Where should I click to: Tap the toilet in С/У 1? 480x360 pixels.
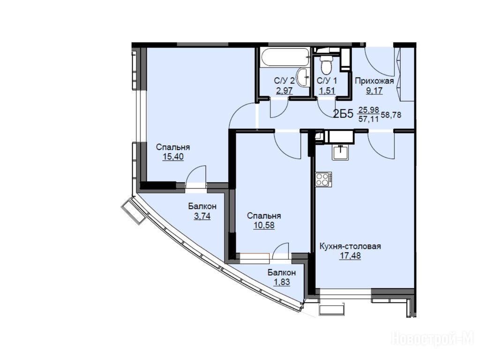pyautogui.click(x=325, y=65)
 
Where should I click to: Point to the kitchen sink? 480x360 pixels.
pyautogui.click(x=340, y=151)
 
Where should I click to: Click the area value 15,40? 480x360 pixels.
pyautogui.click(x=173, y=157)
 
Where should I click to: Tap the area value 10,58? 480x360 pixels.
pyautogui.click(x=264, y=225)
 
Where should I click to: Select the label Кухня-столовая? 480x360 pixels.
pyautogui.click(x=350, y=246)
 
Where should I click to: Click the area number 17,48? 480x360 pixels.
pyautogui.click(x=350, y=255)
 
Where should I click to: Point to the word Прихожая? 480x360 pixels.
pyautogui.click(x=374, y=81)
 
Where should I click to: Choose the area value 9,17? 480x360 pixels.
pyautogui.click(x=374, y=90)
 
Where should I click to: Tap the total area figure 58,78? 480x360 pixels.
pyautogui.click(x=391, y=115)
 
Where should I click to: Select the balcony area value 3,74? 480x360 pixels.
pyautogui.click(x=202, y=216)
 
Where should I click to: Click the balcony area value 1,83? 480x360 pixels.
pyautogui.click(x=282, y=282)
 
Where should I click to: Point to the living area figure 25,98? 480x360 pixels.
pyautogui.click(x=369, y=110)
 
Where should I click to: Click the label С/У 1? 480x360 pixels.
pyautogui.click(x=327, y=81)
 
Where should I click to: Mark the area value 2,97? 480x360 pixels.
pyautogui.click(x=285, y=90)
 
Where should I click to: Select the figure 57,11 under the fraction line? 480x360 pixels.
pyautogui.click(x=368, y=119)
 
